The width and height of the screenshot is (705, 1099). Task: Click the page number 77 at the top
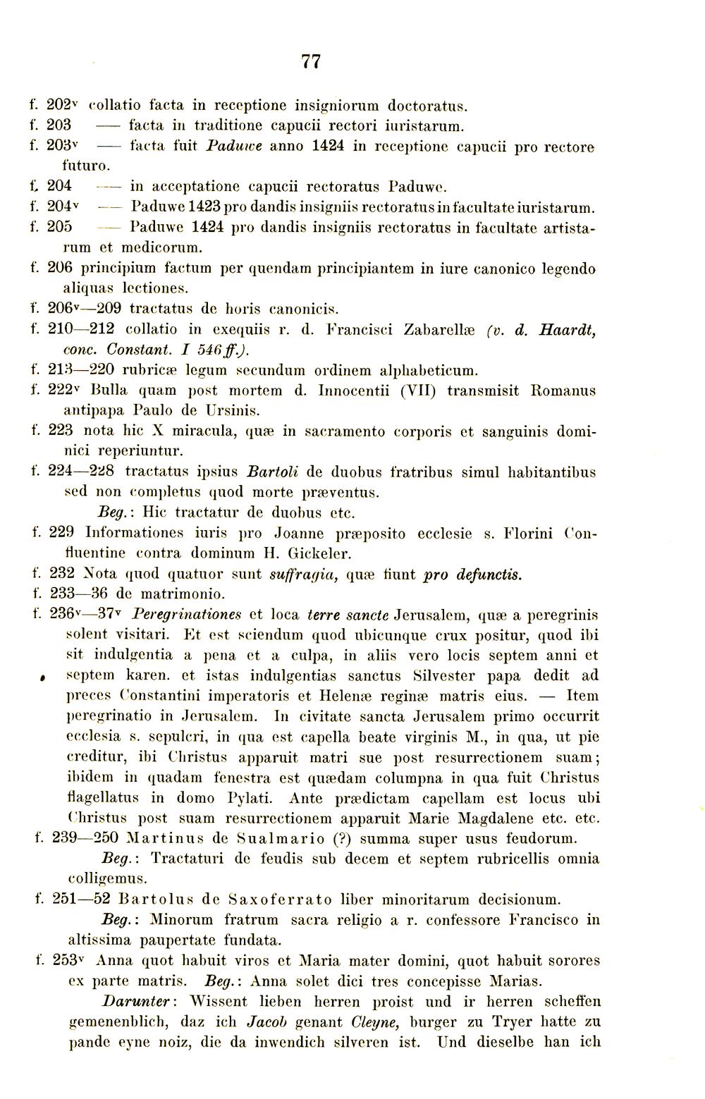point(311,61)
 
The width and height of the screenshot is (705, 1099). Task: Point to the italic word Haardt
point(565,329)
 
